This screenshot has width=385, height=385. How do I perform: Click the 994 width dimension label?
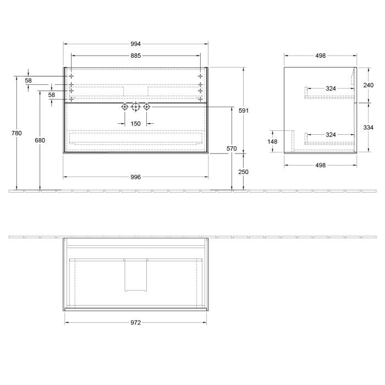click(x=135, y=44)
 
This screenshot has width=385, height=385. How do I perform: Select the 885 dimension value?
click(x=135, y=56)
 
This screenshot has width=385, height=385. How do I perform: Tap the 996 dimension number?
click(x=135, y=177)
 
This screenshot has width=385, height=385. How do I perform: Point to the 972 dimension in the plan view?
click(x=135, y=323)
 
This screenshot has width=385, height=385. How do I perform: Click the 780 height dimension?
click(x=16, y=133)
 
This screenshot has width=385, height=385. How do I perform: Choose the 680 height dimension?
click(x=40, y=140)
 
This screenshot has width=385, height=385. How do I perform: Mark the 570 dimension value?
click(x=232, y=148)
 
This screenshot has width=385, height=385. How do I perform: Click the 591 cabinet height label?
click(x=244, y=111)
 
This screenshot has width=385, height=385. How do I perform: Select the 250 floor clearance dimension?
click(x=243, y=172)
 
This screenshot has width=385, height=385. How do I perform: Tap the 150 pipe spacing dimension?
click(x=135, y=124)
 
